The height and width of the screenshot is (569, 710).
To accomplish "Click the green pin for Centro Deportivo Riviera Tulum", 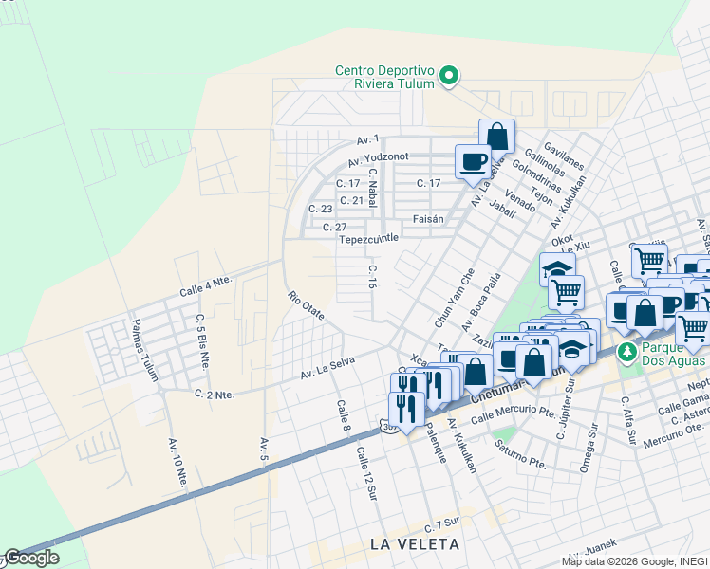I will [452, 75].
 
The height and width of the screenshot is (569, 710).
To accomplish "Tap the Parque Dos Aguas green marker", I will [626, 352].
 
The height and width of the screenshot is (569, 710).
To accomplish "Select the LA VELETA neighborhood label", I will [415, 544].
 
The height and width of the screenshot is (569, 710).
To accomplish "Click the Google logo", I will [31, 558].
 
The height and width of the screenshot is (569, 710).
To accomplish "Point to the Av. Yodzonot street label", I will [379, 160].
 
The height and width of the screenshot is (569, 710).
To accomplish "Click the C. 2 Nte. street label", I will [214, 394].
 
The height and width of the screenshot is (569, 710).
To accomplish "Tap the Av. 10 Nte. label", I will [177, 464].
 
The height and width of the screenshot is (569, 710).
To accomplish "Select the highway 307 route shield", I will [389, 427].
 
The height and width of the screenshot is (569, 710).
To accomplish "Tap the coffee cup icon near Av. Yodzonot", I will [473, 161].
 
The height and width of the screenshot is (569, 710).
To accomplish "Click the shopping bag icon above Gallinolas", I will [496, 136].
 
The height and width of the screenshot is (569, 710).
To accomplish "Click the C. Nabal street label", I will [373, 194].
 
